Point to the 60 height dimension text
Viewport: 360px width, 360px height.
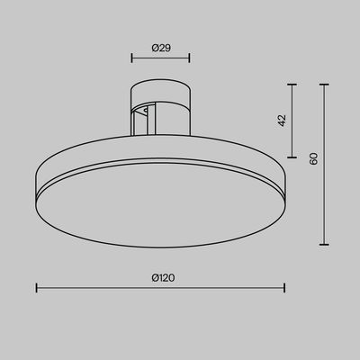pyautogui.click(x=314, y=158)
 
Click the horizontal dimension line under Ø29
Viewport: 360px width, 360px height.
pyautogui.click(x=160, y=58)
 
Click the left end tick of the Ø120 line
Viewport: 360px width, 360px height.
pyautogui.click(x=36, y=289)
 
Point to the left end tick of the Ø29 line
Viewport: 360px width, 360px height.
pyautogui.click(x=131, y=58)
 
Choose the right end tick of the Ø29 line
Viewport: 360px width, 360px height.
pyautogui.click(x=190, y=58)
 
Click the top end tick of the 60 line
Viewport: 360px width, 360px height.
pyautogui.click(x=324, y=85)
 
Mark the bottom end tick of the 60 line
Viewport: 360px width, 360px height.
pyautogui.click(x=324, y=244)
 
